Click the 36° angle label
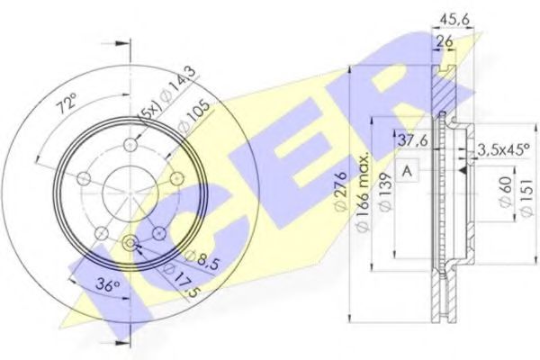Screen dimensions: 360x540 tap(108, 285)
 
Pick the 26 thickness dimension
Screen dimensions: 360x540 tap(443, 41)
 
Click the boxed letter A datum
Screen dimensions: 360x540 tap(407, 168)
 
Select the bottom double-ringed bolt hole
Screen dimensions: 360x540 tap(130, 242)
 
